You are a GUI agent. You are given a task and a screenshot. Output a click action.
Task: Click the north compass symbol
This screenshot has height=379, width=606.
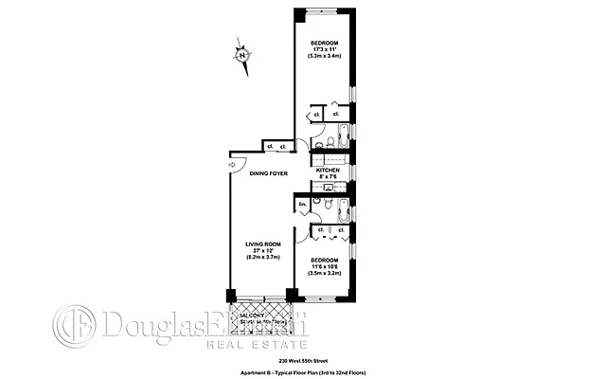pyautogui.click(x=242, y=56)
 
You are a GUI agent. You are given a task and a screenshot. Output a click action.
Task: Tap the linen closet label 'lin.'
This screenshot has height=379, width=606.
pyautogui.click(x=303, y=205)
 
